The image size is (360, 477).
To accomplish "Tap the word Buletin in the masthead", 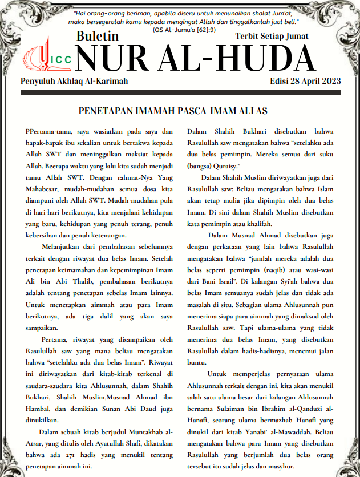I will pos(98,37).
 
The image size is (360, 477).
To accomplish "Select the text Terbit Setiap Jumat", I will pos(272,36).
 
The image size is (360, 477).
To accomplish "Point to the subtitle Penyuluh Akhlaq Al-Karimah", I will pos(74,81).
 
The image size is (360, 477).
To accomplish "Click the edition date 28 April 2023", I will pos(305,81).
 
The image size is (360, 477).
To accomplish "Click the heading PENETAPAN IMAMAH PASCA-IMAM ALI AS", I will pos(181,110).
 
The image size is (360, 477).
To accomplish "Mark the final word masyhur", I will pos(282,467).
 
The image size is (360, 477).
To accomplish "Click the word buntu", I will pos(198,362).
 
